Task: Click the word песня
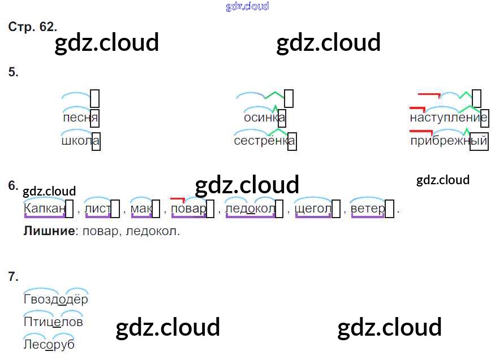pos(81,118)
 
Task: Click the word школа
pos(80,141)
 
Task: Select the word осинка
pos(264,118)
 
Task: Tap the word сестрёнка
pos(265,141)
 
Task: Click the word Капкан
pos(44,209)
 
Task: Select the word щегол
pos(313,209)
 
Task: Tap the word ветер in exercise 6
pos(368,209)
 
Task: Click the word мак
pos(141,209)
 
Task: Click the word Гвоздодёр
pos(56,300)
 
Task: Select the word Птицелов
pos(53,322)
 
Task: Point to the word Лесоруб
pos(49,344)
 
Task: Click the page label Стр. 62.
pos(33,27)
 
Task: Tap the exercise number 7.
pos(14,276)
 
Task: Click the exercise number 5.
pos(14,72)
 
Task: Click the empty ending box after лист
pos(115,209)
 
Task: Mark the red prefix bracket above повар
pos(178,199)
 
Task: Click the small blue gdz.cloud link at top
pos(247,6)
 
